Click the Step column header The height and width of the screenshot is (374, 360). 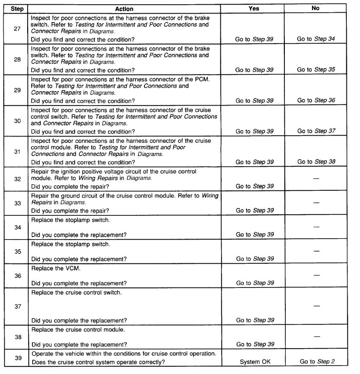tap(17, 8)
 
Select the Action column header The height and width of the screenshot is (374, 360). tap(124, 8)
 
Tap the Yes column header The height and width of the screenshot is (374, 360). tap(253, 8)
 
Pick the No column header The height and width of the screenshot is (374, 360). tap(315, 8)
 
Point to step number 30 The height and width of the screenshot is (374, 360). tap(17, 120)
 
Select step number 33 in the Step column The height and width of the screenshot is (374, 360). tap(17, 203)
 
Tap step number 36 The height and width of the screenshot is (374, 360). tap(17, 276)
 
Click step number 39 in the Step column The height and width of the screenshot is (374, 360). tap(17, 358)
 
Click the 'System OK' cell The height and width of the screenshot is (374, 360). tap(254, 362)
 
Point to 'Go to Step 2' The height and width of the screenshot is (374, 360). tap(316, 362)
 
